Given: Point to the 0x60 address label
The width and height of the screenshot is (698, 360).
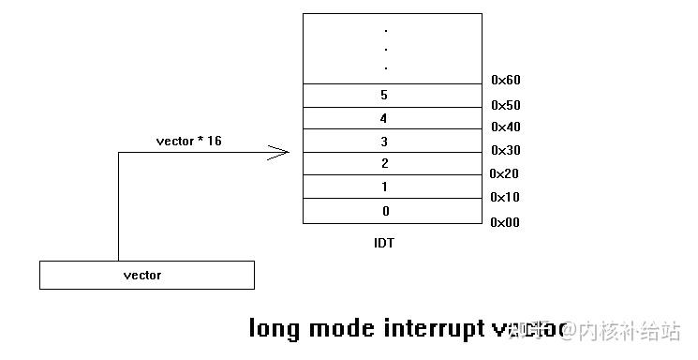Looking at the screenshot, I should pyautogui.click(x=505, y=81).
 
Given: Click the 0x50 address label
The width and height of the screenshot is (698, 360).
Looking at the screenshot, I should pyautogui.click(x=505, y=105).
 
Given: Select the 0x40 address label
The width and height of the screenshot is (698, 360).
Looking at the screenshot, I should pyautogui.click(x=505, y=127).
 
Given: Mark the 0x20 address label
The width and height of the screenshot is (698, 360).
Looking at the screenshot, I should pyautogui.click(x=505, y=174).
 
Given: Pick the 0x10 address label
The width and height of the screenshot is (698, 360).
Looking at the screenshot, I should pyautogui.click(x=505, y=198).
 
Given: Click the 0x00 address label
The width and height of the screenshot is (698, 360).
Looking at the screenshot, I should pyautogui.click(x=505, y=222).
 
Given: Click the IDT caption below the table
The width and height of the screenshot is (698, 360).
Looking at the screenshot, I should pyautogui.click(x=384, y=243).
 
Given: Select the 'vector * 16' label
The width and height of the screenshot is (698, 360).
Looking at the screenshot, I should pyautogui.click(x=188, y=141).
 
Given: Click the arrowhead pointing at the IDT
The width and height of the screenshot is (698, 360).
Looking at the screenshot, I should pyautogui.click(x=279, y=153).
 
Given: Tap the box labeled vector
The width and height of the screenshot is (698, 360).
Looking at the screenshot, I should pyautogui.click(x=146, y=275).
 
